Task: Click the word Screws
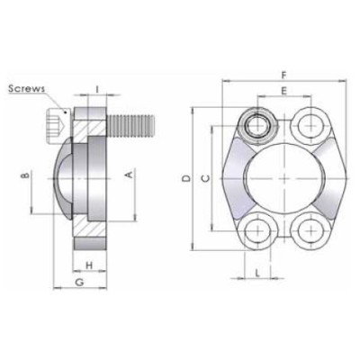coord(27,87)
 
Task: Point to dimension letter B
coord(24,175)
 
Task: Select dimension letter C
coord(206,178)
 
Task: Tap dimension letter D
coord(185,178)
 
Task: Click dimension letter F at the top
coord(284,75)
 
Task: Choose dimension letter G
coord(79,283)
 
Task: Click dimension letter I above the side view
coord(96,88)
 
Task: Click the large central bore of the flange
coord(284,176)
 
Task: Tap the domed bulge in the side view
coord(61,175)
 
